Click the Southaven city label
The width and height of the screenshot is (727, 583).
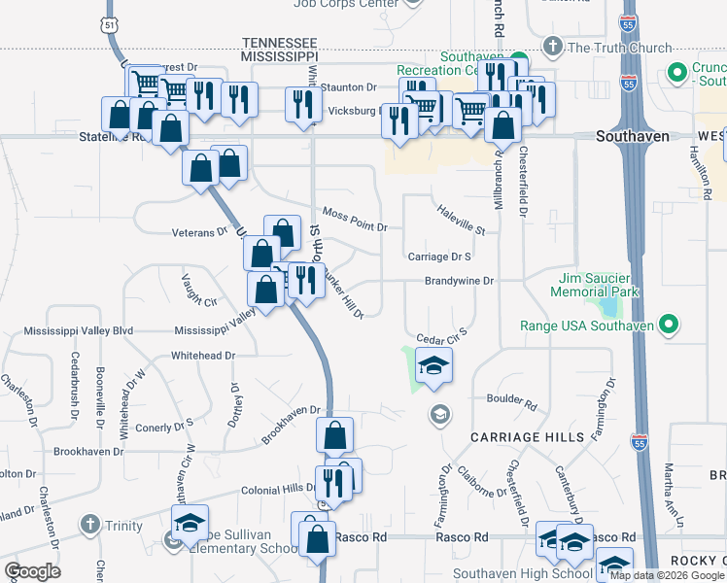point(633,137)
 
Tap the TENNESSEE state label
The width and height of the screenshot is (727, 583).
point(279,43)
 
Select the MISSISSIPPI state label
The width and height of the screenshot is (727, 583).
point(279,58)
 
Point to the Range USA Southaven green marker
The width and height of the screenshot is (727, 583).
point(669,324)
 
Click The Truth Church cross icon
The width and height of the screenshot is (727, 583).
point(552,46)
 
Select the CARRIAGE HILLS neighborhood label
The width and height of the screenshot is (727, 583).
point(528,437)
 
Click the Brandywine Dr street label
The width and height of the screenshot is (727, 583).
point(459,281)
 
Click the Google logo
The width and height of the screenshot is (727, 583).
point(31,571)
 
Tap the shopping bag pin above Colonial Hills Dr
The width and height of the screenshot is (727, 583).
point(334,436)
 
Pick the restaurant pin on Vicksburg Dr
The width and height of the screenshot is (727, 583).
point(304,104)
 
